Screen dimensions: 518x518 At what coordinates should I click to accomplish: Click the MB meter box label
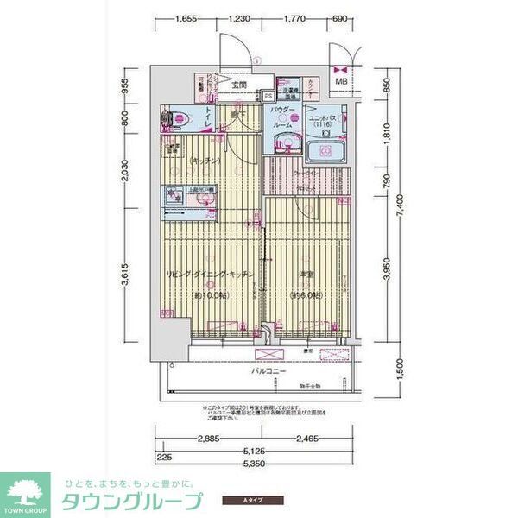pyautogui.click(x=341, y=82)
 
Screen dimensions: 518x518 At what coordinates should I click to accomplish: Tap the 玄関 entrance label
pyautogui.click(x=238, y=85)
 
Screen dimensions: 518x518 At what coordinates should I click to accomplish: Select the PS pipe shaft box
pyautogui.click(x=268, y=96)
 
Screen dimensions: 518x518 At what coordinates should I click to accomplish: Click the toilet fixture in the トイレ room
pyautogui.click(x=178, y=118)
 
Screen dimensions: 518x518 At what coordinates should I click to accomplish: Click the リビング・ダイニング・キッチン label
pyautogui.click(x=210, y=275)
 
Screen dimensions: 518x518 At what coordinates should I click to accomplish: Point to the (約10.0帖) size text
pyautogui.click(x=211, y=295)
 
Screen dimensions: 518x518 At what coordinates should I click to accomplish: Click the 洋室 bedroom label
pyautogui.click(x=306, y=275)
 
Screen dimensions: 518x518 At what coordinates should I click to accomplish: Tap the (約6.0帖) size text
pyautogui.click(x=306, y=295)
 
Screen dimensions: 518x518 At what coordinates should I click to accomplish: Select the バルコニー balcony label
pyautogui.click(x=268, y=371)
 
